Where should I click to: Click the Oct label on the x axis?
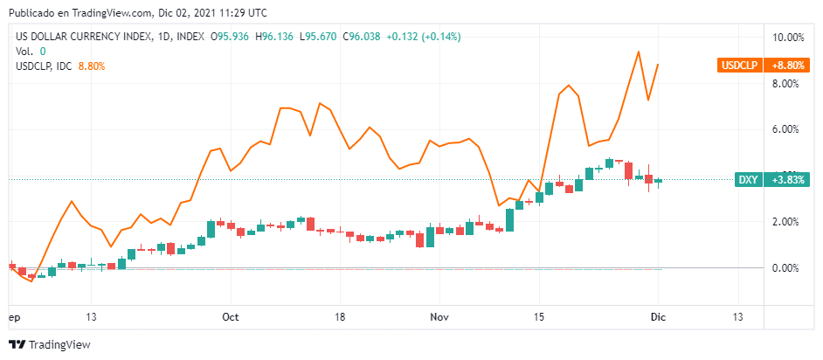point(231,317)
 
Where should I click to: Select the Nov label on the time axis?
point(439,317)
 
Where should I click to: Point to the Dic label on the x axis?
point(658,317)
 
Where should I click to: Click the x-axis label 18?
point(340,317)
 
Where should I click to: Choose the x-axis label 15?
point(538,317)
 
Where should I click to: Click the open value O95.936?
point(230,37)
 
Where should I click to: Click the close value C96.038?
point(361,37)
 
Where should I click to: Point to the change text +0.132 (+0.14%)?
point(424,37)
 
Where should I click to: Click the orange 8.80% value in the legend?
point(92,66)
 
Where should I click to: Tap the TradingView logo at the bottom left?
point(50,345)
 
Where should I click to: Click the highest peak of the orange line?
point(639,52)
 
